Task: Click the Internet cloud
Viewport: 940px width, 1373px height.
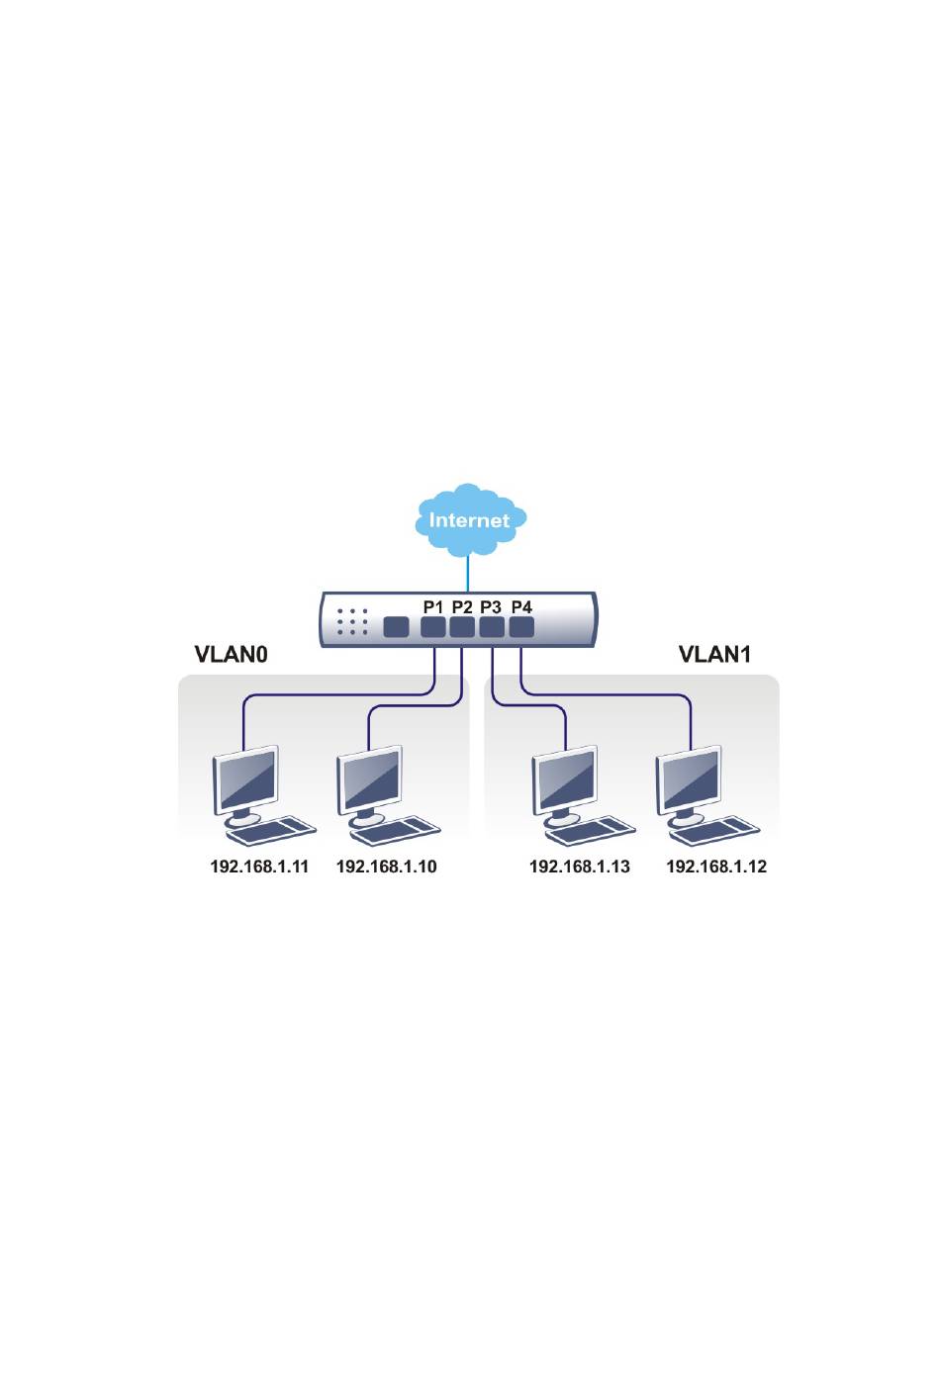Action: pyautogui.click(x=470, y=519)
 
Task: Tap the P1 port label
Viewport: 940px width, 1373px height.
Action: pyautogui.click(x=432, y=606)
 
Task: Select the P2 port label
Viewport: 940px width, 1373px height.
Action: pyautogui.click(x=462, y=606)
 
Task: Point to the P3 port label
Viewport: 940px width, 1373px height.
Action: pyautogui.click(x=491, y=606)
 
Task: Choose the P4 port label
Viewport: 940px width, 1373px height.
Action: pyautogui.click(x=521, y=606)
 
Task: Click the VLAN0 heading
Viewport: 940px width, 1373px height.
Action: pyautogui.click(x=231, y=654)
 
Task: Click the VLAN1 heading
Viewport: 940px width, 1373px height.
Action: pyautogui.click(x=714, y=654)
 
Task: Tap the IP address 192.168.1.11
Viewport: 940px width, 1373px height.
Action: pyautogui.click(x=259, y=867)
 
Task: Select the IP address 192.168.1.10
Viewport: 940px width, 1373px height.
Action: pyautogui.click(x=386, y=867)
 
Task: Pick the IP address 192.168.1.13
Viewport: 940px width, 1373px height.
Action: pyautogui.click(x=579, y=867)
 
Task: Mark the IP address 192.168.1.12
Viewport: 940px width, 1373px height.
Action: pyautogui.click(x=715, y=867)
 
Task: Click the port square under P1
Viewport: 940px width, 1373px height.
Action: pyautogui.click(x=432, y=627)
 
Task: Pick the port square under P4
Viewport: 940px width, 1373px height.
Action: pyautogui.click(x=521, y=627)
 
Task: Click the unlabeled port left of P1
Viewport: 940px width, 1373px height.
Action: pyautogui.click(x=396, y=627)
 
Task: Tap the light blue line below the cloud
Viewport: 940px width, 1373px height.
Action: pyautogui.click(x=468, y=574)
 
